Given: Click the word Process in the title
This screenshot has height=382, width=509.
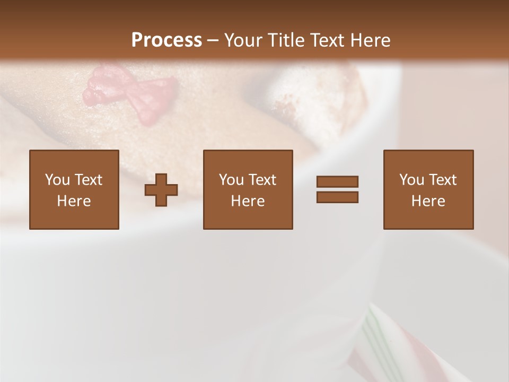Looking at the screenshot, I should coord(166,40).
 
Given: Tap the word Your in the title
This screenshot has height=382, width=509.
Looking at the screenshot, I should coord(243,40).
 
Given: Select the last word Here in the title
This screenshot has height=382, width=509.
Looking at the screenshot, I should coord(370,40).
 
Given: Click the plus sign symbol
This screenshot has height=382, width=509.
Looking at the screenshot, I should coord(161,190).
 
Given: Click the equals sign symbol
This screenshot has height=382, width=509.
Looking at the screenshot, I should coord(337,189).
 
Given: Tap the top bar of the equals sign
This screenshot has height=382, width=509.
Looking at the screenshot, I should coord(337,182).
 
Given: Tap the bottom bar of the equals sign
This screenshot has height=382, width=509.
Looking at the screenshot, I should coord(337,197).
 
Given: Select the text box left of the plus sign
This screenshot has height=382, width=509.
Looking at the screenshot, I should coord(74,189).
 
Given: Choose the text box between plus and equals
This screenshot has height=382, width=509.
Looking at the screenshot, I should coord(248,189).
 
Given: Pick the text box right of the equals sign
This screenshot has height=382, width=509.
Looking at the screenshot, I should coord(428,189).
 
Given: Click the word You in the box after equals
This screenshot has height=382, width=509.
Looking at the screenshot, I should coord(411,180).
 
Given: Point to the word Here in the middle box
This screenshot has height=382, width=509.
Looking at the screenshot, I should coord(248,201).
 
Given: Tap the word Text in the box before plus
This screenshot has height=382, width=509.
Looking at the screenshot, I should coord(88,180).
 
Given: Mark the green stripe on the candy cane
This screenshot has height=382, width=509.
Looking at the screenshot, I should coord(378,340).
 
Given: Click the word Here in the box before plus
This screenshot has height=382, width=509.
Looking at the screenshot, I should coord(74,201).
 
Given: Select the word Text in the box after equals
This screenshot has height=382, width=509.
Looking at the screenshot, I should coord(443,180).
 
